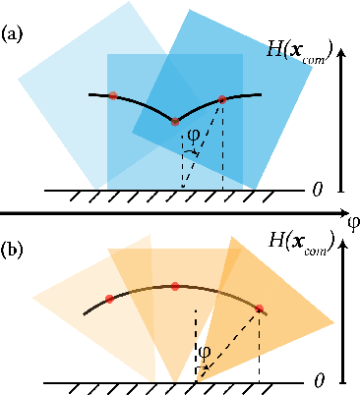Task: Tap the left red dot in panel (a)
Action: [x=114, y=95]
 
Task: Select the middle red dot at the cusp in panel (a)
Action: [x=175, y=122]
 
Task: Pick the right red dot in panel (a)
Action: [x=222, y=99]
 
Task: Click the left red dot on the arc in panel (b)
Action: [x=109, y=297]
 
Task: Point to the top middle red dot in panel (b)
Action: [x=175, y=286]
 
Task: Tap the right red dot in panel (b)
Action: [x=260, y=309]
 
